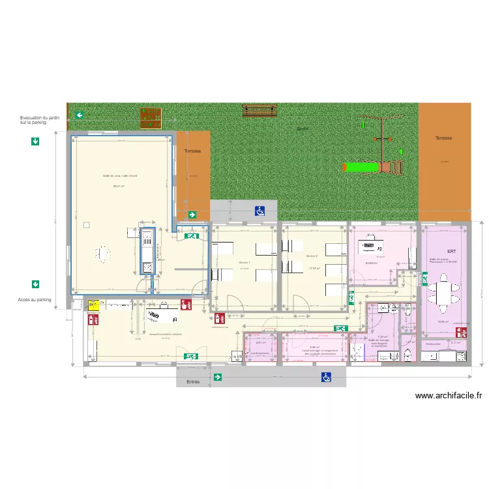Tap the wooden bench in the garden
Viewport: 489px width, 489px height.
point(259,111)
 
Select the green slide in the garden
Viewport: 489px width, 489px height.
point(362,168)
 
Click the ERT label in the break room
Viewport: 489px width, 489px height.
point(451,252)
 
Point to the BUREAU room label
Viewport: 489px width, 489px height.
point(370,263)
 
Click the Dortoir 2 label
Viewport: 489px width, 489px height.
point(312,256)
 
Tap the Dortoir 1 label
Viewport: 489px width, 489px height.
point(244,263)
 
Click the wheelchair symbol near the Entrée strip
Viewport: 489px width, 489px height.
point(325,377)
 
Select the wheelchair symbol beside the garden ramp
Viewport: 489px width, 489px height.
point(259,211)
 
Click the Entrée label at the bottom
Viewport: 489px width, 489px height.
point(192,381)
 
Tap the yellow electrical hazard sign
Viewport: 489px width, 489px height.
point(93,304)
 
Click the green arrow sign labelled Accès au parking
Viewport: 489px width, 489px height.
point(35,284)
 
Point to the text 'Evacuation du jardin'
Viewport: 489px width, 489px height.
point(40,118)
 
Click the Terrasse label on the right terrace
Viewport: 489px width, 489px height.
point(443,138)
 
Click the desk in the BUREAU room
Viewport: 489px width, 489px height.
point(370,245)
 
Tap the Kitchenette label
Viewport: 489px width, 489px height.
point(433,344)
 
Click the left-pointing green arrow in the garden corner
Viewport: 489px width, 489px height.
point(79,115)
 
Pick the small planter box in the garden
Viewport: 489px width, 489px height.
point(151,117)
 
